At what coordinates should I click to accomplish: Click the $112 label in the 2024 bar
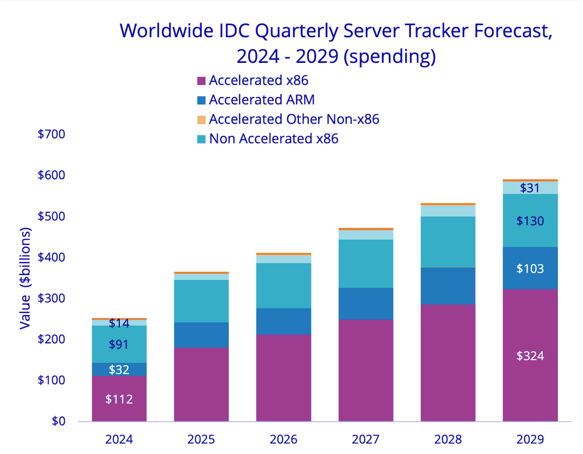[x=119, y=399]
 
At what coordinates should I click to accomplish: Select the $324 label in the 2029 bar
[x=530, y=356]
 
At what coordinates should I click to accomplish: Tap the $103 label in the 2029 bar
[x=530, y=269]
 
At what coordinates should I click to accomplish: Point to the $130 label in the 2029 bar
[x=530, y=221]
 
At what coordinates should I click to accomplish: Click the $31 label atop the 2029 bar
[x=530, y=188]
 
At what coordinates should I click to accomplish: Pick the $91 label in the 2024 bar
[x=119, y=344]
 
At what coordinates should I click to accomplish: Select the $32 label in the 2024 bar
[x=119, y=370]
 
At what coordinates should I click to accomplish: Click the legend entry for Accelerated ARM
[x=261, y=100]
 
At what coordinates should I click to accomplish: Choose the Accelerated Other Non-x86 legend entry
[x=294, y=119]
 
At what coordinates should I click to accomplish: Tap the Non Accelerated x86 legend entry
[x=273, y=138]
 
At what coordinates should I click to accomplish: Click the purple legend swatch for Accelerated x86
[x=201, y=81]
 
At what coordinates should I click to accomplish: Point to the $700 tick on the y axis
[x=51, y=134]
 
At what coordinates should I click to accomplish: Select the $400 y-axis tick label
[x=51, y=257]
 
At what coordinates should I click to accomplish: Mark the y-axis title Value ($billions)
[x=25, y=278]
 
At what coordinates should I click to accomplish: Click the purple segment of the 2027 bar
[x=365, y=370]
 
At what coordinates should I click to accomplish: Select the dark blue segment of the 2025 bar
[x=201, y=335]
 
